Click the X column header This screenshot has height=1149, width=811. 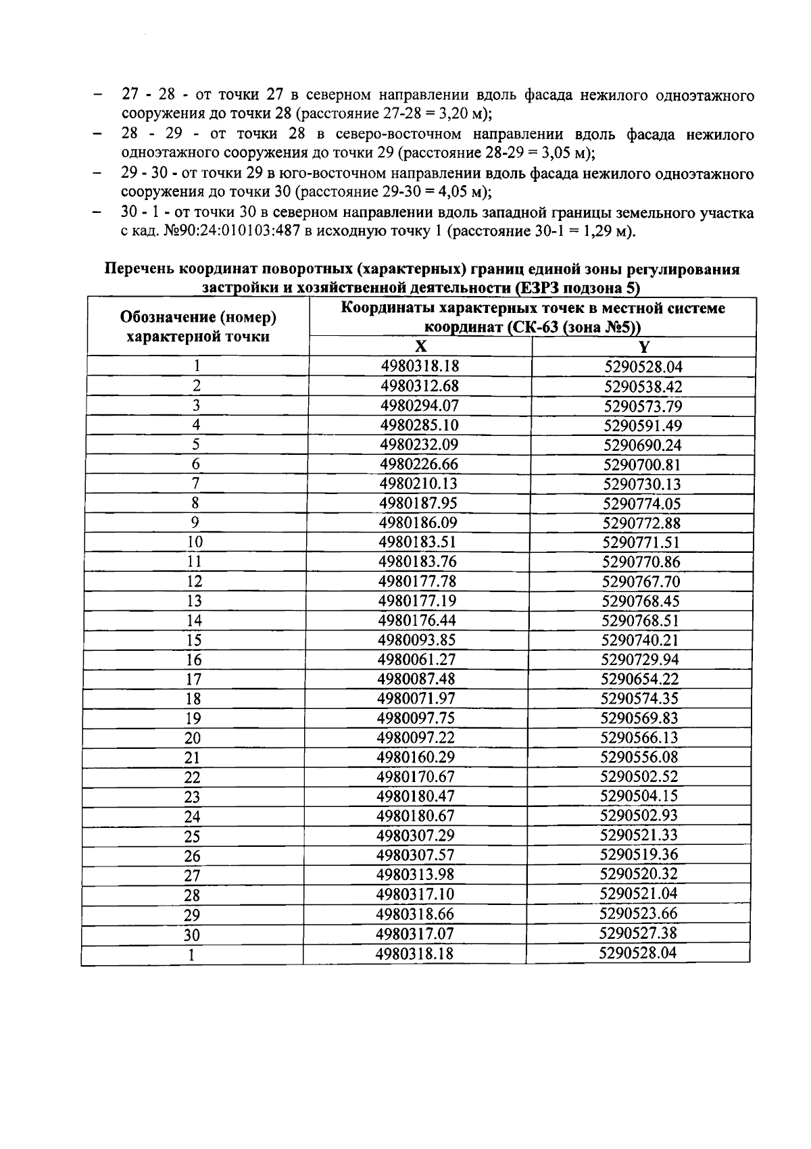click(x=420, y=346)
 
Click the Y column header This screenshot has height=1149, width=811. click(x=643, y=347)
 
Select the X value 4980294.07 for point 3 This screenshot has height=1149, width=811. click(x=420, y=406)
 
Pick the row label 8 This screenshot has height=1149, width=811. click(x=195, y=503)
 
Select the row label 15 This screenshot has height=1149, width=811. click(x=194, y=640)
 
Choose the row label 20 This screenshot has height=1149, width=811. click(x=193, y=738)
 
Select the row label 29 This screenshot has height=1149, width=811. click(x=192, y=915)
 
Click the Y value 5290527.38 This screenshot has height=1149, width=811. click(x=638, y=933)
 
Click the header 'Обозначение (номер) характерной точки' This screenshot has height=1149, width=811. click(x=198, y=326)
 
